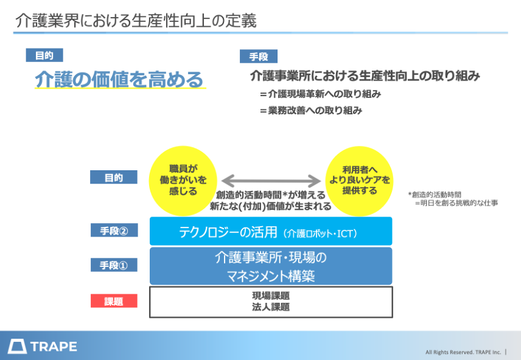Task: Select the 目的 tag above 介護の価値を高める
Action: [44, 55]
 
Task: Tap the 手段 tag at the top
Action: [258, 57]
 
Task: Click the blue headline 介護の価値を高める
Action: [119, 80]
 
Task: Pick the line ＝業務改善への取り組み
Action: [310, 110]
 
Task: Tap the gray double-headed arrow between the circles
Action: [271, 181]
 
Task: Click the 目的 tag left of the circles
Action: [114, 178]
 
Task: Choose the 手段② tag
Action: [114, 230]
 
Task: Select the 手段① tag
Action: [114, 265]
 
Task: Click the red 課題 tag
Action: [114, 301]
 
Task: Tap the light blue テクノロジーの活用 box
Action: [271, 232]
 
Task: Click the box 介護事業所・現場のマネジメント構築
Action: [271, 266]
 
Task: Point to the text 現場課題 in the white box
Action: [271, 296]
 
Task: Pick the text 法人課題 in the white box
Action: [271, 307]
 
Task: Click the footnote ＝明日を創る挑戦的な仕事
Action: [456, 203]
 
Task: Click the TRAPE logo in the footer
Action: [43, 347]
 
